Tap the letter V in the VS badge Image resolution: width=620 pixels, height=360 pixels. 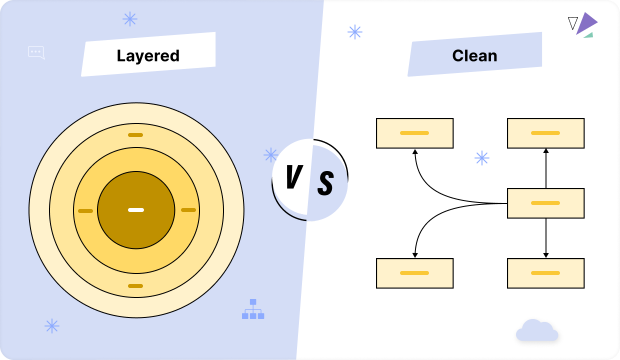[x=294, y=178]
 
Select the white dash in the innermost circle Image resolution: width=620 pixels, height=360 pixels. [x=136, y=210]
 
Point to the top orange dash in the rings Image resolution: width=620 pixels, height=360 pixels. [x=135, y=134]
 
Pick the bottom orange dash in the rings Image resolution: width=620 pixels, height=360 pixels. [x=136, y=286]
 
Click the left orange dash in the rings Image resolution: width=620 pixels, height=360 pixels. [x=85, y=211]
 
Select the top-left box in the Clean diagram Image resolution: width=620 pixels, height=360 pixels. [x=415, y=133]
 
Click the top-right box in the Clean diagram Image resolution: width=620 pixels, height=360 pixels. [x=546, y=133]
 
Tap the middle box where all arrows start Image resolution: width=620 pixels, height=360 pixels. [x=546, y=203]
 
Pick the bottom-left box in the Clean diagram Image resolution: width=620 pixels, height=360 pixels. [x=415, y=273]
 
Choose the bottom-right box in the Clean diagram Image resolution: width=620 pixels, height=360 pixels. [x=546, y=273]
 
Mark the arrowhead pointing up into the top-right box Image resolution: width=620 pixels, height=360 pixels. [x=546, y=152]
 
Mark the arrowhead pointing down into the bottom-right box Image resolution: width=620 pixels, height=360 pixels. [x=546, y=254]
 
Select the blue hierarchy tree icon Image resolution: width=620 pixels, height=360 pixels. [x=253, y=310]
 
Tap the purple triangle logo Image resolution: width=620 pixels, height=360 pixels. [x=585, y=24]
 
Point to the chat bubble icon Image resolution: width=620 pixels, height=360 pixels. [x=37, y=52]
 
